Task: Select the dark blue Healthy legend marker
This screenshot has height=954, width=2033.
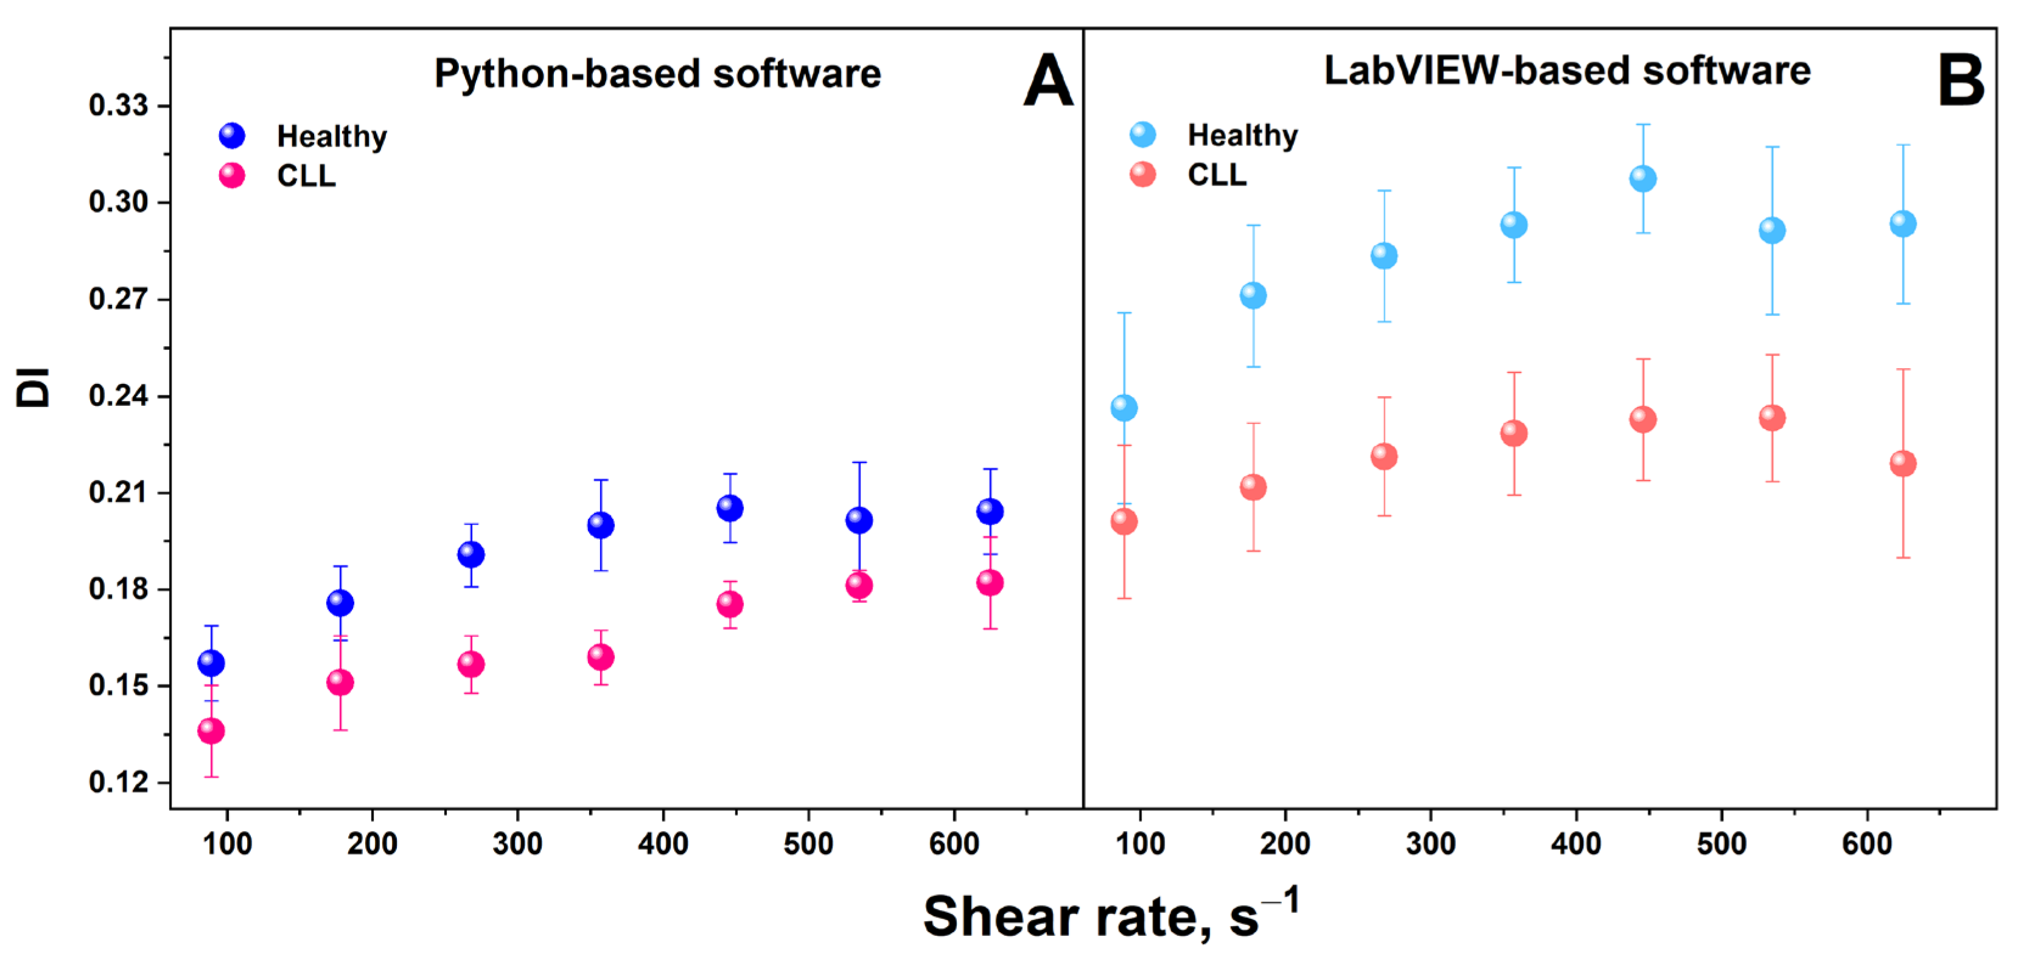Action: tap(232, 136)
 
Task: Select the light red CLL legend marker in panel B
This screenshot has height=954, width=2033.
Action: tap(1142, 175)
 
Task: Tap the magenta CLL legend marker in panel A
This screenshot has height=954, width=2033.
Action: tap(232, 175)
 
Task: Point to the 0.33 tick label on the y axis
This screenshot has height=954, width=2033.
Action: tap(118, 105)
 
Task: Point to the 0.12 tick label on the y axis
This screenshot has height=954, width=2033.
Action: tap(118, 782)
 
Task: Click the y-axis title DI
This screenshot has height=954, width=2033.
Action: tap(33, 388)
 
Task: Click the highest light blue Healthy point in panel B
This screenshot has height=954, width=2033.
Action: tap(1642, 178)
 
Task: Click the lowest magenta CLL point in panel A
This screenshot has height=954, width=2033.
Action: tap(211, 731)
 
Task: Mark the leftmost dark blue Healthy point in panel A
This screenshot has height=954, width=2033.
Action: tap(211, 663)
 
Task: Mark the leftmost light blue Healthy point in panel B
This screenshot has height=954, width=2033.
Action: tap(1124, 408)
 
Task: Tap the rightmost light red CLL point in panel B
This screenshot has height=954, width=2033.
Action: tap(1903, 463)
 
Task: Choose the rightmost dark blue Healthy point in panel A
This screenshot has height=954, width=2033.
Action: tap(990, 511)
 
